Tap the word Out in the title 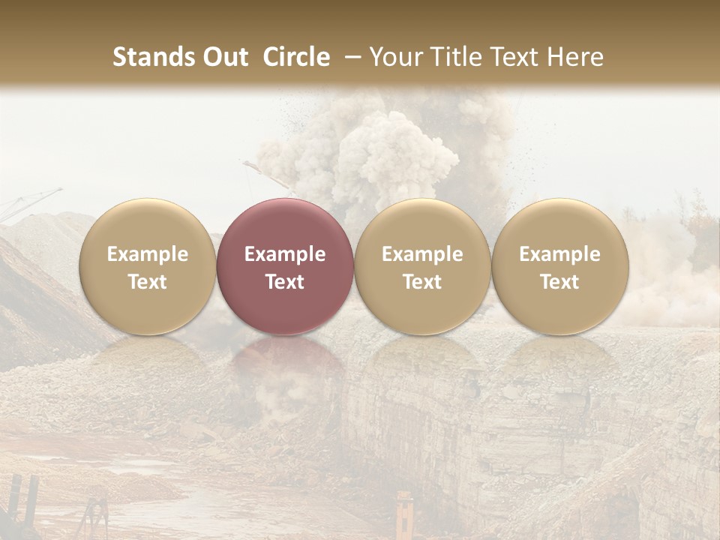(223, 57)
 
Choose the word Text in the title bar (512, 57)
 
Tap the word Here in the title (574, 57)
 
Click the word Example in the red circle (285, 254)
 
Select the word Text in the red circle (285, 282)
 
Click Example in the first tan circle (148, 254)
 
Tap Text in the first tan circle (148, 282)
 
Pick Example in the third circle (422, 254)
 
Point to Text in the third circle (422, 282)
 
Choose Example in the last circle (559, 254)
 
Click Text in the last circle (559, 282)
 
